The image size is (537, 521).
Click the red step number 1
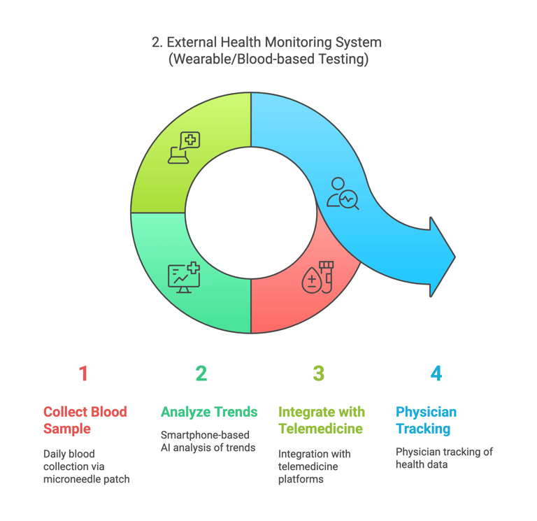click(x=84, y=373)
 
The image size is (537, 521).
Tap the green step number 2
click(x=201, y=373)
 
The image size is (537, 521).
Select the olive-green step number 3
click(x=319, y=373)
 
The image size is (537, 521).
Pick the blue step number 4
click(x=436, y=373)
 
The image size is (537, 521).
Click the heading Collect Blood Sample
click(x=85, y=420)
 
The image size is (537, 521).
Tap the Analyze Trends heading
click(x=209, y=412)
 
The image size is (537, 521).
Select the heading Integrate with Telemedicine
click(x=321, y=420)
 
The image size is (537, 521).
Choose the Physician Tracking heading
click(x=426, y=420)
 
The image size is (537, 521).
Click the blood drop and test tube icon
click(x=317, y=277)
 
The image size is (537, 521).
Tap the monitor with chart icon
click(x=184, y=278)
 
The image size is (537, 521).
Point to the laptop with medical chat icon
click(x=184, y=148)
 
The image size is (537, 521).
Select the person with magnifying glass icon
click(x=343, y=194)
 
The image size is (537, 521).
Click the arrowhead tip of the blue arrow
click(x=454, y=257)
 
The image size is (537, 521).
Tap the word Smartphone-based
click(x=205, y=435)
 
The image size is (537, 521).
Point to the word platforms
click(x=301, y=479)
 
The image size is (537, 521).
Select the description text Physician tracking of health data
click(x=444, y=458)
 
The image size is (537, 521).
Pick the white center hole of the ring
click(x=251, y=213)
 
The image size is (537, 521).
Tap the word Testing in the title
click(x=343, y=59)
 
